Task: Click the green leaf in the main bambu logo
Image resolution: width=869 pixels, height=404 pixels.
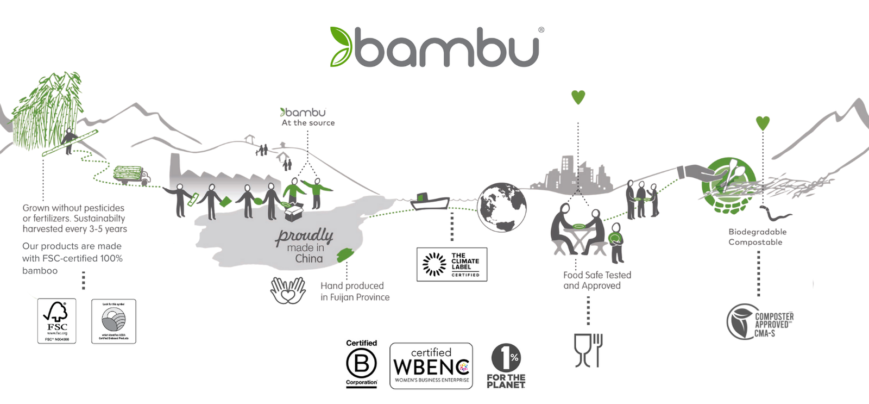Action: tap(341, 47)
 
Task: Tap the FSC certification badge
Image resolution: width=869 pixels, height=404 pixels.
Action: tap(56, 321)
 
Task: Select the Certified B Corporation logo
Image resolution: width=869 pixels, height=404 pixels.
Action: tap(361, 363)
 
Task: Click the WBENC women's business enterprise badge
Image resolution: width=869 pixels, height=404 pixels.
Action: tap(431, 366)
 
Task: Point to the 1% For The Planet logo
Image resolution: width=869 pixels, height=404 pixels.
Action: tap(506, 366)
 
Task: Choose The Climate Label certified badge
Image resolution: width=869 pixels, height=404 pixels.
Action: tap(451, 264)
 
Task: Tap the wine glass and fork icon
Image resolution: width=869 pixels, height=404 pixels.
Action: tap(588, 350)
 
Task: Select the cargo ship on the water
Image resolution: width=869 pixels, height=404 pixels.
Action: tap(429, 202)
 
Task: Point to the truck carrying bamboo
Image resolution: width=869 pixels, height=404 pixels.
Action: tap(131, 175)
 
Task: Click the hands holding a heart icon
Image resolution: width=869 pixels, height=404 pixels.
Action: tap(288, 290)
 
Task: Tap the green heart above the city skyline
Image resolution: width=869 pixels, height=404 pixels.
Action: tap(578, 97)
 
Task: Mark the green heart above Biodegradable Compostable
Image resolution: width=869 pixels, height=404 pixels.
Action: tap(763, 123)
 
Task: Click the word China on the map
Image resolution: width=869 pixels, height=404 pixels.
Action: tap(308, 259)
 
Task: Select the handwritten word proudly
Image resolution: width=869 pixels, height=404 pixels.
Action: tap(304, 237)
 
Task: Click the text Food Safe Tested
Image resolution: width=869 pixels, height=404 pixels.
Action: tap(597, 275)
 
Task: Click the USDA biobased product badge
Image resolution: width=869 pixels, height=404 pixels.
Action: tap(114, 321)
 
